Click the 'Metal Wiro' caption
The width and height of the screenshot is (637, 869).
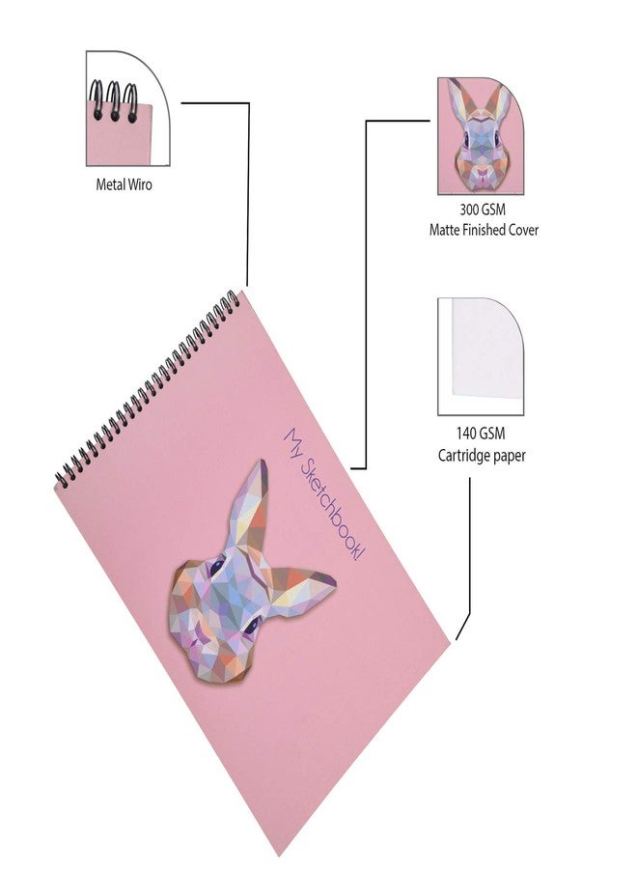click(x=124, y=184)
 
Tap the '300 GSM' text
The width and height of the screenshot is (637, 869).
click(x=483, y=210)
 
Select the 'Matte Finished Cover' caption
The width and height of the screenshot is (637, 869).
click(x=484, y=230)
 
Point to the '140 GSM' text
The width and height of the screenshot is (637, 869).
click(x=481, y=434)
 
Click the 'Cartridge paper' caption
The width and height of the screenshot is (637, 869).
click(x=482, y=456)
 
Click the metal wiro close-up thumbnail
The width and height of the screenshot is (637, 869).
click(x=128, y=108)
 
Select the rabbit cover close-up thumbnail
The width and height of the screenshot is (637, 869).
click(x=481, y=136)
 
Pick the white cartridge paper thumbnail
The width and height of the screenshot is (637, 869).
click(x=481, y=357)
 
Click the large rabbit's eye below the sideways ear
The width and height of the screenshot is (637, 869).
click(x=253, y=625)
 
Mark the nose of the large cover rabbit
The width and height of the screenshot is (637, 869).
click(x=195, y=642)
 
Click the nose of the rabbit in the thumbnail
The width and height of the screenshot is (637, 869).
click(x=482, y=173)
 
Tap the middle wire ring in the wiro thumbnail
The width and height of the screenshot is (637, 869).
click(x=115, y=100)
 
